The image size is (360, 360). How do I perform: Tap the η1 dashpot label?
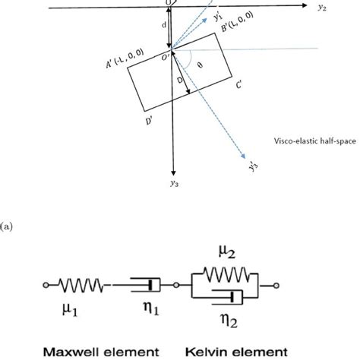pos(149,310)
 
